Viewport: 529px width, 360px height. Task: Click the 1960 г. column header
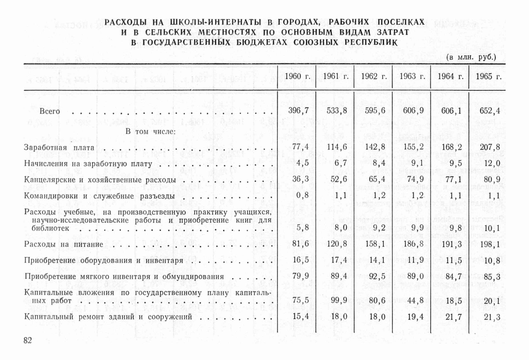tap(297, 76)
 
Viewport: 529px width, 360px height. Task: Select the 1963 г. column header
tap(411, 76)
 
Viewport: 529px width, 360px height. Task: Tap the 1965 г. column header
tap(488, 76)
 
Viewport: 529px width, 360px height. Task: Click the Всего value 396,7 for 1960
tap(298, 110)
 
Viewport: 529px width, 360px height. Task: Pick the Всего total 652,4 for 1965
tap(489, 111)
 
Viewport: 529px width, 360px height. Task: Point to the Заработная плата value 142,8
tap(375, 147)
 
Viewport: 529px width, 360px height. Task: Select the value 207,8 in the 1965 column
tap(489, 147)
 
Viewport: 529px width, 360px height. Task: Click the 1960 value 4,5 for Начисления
tap(302, 163)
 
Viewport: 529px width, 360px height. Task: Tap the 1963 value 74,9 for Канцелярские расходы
tap(413, 179)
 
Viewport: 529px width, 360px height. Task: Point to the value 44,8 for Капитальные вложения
tap(413, 300)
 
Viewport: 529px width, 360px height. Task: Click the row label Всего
tap(49, 111)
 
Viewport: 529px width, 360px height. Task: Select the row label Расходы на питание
tap(63, 244)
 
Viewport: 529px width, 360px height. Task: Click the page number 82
tap(28, 340)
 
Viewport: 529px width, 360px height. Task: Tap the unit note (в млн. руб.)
tap(471, 57)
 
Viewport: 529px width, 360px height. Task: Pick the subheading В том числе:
tap(150, 131)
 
